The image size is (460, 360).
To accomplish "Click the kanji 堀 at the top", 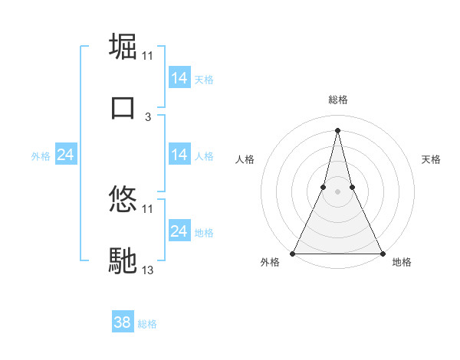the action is pos(123,46).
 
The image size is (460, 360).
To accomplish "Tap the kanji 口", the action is pos(123,107).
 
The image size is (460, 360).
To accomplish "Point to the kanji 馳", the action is pos(123,260).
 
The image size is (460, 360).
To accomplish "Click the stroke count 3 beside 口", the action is pos(148,117).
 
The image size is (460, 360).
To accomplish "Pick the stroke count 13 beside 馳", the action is pos(148,270).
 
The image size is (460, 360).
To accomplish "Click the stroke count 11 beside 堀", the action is pos(148,56).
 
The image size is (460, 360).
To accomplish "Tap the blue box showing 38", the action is pos(123,323).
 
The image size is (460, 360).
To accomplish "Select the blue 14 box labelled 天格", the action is pos(179,78).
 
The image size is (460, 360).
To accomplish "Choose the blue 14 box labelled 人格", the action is pos(179,155).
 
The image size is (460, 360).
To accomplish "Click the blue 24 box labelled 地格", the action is pos(179,231).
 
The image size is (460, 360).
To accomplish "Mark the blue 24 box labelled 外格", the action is pos(66,155).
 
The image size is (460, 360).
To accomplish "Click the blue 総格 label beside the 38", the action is pos(148,324).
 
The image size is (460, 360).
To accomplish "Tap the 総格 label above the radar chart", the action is pos(338,100).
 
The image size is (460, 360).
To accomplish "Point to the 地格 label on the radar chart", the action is pos(402,263).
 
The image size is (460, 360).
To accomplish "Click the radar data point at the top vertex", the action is pos(338,129).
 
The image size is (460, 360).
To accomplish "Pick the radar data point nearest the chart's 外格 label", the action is pos(294,253).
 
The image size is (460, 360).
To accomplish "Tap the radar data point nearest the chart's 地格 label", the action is pos(382,253).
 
